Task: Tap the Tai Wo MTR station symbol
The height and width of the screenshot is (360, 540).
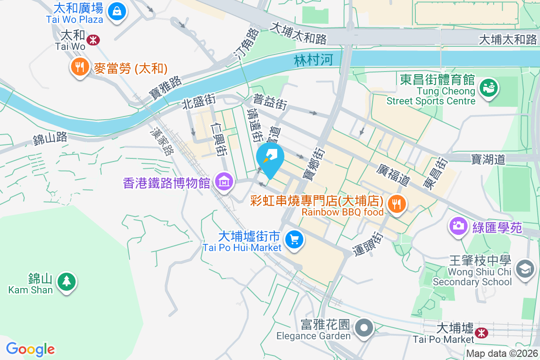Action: coord(94,40)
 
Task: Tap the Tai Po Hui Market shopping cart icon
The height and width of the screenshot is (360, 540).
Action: coord(295,238)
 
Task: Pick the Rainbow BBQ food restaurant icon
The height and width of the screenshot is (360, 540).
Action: coord(396,203)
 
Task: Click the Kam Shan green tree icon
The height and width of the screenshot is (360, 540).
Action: coord(67,282)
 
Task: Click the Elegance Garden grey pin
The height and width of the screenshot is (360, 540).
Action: coord(364,328)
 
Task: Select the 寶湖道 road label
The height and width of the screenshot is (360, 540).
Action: coord(489,159)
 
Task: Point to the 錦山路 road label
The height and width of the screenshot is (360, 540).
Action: coord(50,138)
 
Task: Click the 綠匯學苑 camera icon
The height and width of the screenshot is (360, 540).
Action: coord(459,225)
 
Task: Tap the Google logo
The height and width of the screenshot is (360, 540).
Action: coord(31,349)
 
